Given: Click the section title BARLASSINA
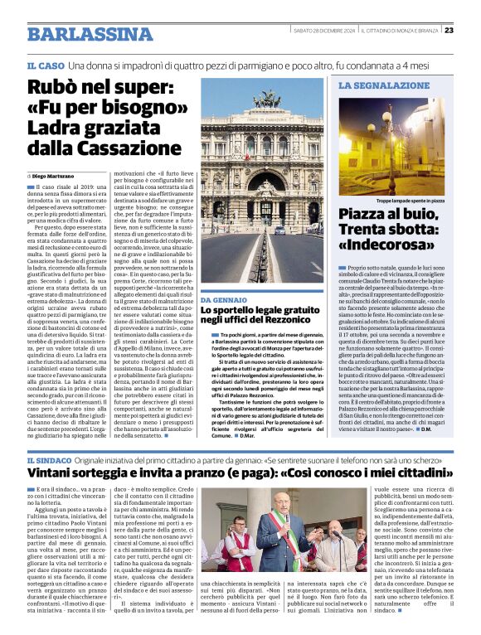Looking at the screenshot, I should pyautogui.click(x=79, y=34).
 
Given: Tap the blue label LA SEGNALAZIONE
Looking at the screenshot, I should pyautogui.click(x=372, y=85).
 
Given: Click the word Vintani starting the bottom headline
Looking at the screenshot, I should pyautogui.click(x=54, y=475).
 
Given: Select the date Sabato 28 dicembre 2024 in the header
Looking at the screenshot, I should pyautogui.click(x=324, y=31).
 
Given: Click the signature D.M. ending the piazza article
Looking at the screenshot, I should pyautogui.click(x=425, y=429).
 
